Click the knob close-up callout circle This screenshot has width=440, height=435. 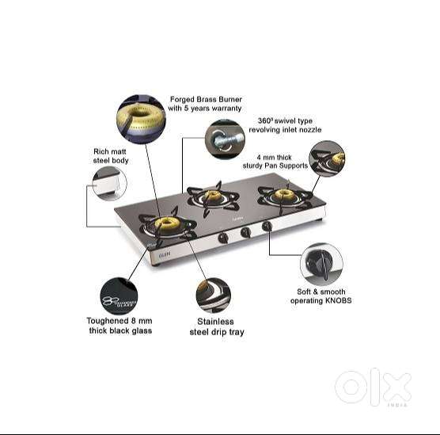[x=322, y=264]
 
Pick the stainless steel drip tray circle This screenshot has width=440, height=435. [x=213, y=296]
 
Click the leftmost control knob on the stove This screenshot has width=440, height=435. [x=224, y=236]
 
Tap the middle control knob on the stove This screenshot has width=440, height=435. [x=245, y=231]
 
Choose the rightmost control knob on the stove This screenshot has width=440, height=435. [x=267, y=227]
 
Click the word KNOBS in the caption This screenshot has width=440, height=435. [x=336, y=301]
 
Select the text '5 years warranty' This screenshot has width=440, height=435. [x=213, y=108]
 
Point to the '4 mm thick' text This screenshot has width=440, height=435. [x=282, y=157]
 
